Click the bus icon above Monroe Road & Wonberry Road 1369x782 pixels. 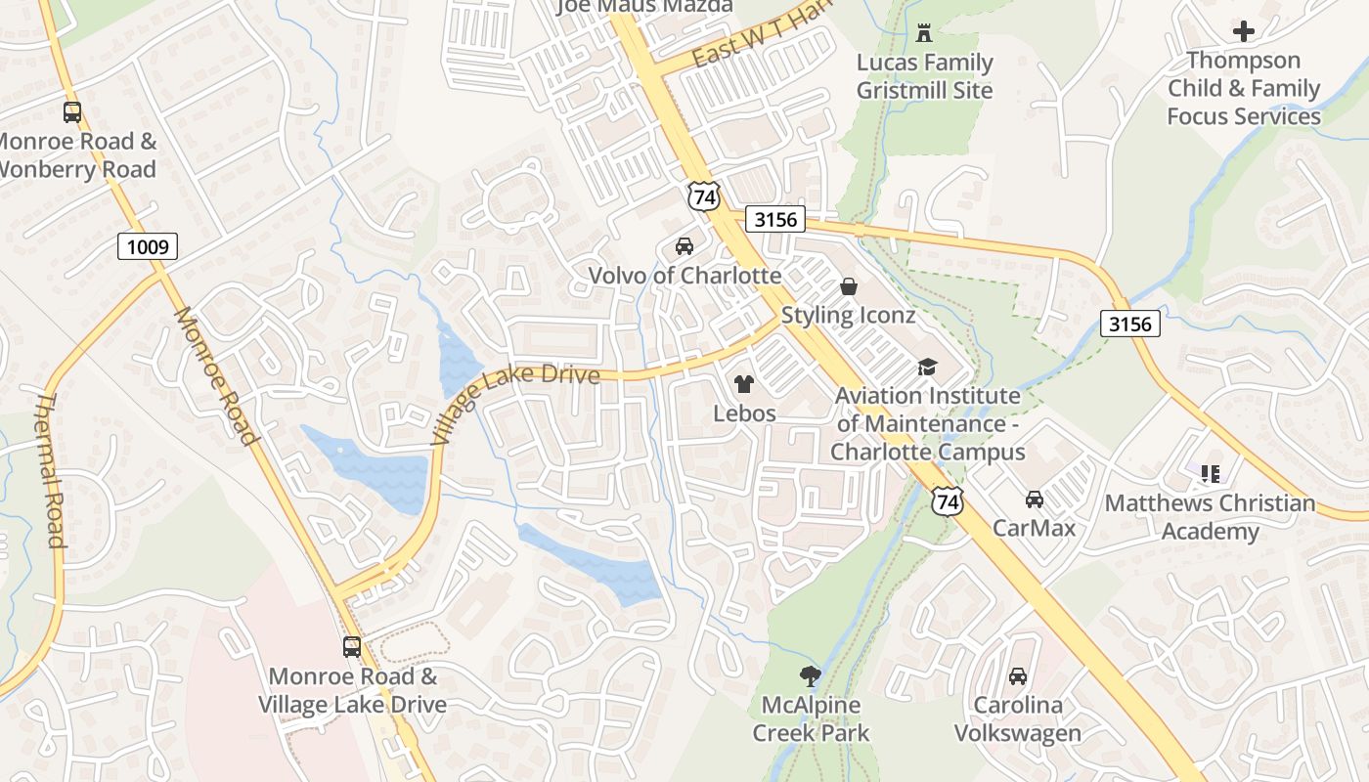pyautogui.click(x=72, y=112)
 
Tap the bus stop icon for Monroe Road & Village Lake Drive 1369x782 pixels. pyautogui.click(x=351, y=647)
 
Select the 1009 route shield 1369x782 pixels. pyautogui.click(x=148, y=246)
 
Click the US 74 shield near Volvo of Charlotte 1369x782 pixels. pyautogui.click(x=703, y=195)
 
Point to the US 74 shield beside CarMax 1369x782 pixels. pyautogui.click(x=947, y=500)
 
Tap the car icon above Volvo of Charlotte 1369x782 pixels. pyautogui.click(x=684, y=246)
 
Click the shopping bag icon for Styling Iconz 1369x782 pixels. pyautogui.click(x=848, y=286)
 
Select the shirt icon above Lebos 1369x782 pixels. pyautogui.click(x=744, y=384)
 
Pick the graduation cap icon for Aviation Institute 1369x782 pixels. pyautogui.click(x=926, y=367)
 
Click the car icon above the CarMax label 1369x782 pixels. pyautogui.click(x=1034, y=500)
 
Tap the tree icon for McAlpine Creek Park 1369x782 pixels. pyautogui.click(x=810, y=674)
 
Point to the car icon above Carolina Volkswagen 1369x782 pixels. pyautogui.click(x=1017, y=675)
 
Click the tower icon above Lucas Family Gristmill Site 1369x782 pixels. pyautogui.click(x=923, y=34)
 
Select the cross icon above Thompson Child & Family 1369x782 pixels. pyautogui.click(x=1243, y=31)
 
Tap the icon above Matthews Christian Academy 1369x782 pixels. pyautogui.click(x=1211, y=474)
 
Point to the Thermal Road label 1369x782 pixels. pyautogui.click(x=51, y=469)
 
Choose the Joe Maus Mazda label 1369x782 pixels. pyautogui.click(x=644, y=6)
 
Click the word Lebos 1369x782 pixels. pyautogui.click(x=744, y=413)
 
